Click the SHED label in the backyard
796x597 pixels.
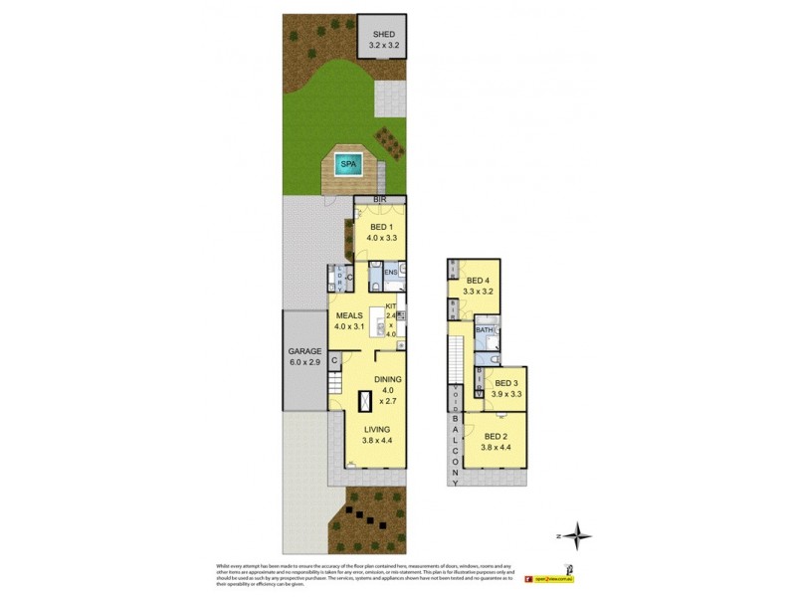383,34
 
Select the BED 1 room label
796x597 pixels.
381,226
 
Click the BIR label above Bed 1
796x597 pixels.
378,200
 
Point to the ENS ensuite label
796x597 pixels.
391,271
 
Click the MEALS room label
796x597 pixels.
348,316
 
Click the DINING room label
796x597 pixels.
388,380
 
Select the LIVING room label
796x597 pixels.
378,430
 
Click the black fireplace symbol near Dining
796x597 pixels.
366,400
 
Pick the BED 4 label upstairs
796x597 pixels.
480,281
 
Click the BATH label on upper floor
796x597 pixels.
485,329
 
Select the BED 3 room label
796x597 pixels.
506,383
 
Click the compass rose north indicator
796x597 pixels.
578,536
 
